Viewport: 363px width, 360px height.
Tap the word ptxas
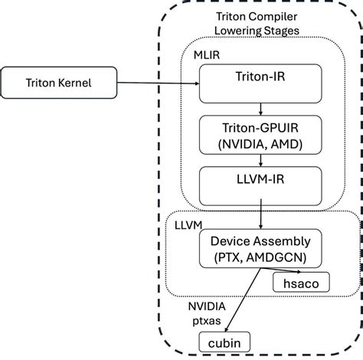(205, 318)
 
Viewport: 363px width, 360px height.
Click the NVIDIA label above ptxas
(207, 305)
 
